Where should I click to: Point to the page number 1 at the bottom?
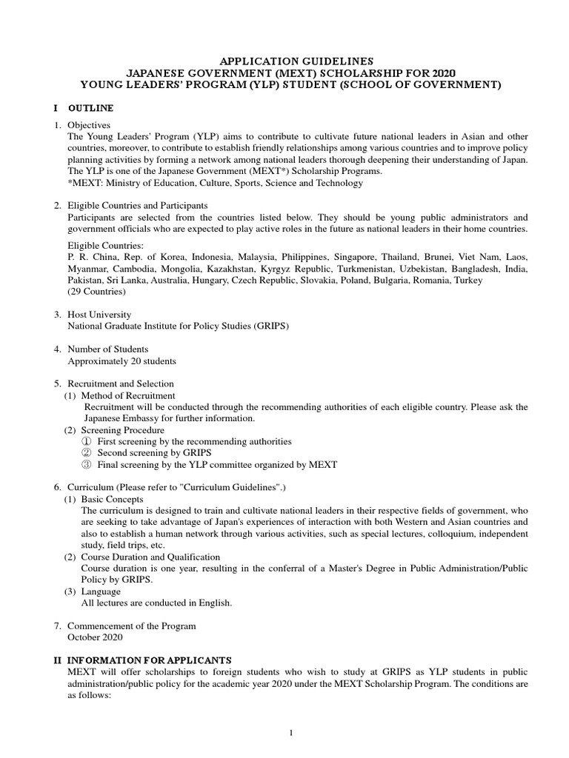[292, 733]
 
